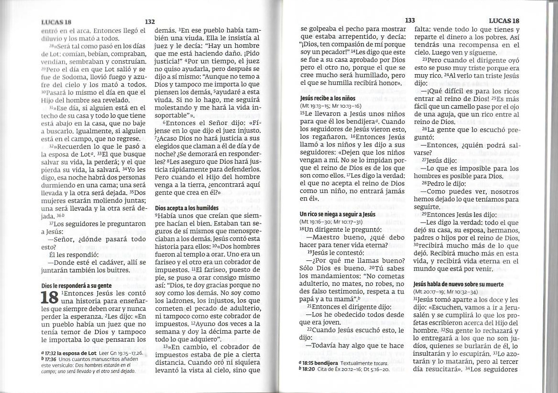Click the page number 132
[150, 22]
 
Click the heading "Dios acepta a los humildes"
[186, 208]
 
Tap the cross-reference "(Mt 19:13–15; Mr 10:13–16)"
[330, 106]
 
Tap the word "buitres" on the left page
[117, 270]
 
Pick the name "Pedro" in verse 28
[436, 183]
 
